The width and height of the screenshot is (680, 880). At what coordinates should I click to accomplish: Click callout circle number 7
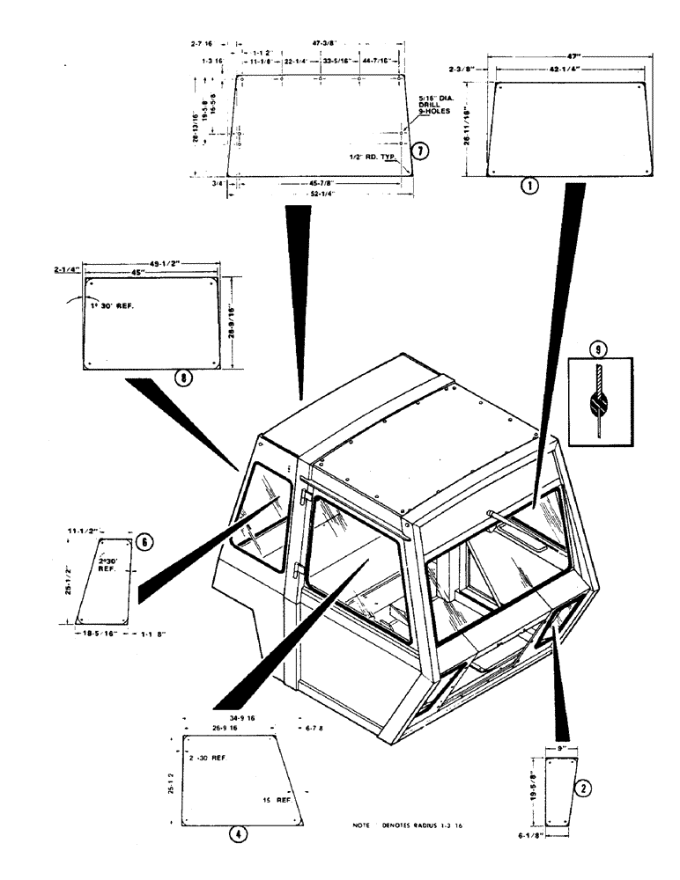coord(422,151)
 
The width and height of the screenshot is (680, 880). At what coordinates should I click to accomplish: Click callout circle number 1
coord(528,187)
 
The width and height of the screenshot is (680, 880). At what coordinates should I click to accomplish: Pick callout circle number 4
coord(236,833)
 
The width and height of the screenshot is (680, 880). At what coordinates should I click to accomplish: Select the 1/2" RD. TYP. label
coord(371,159)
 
